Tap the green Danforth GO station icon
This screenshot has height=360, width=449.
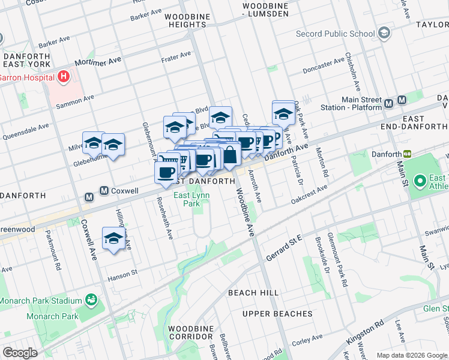click(x=408, y=154)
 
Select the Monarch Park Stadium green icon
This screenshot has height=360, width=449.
click(x=91, y=299)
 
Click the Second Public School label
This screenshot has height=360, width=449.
click(x=335, y=34)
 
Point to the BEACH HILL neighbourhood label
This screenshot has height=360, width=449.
click(x=253, y=292)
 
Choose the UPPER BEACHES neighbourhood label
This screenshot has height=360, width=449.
click(x=277, y=314)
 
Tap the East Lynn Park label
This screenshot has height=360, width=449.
click(x=190, y=199)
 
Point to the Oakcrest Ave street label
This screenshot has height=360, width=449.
click(x=309, y=194)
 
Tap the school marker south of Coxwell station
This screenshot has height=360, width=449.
click(x=113, y=238)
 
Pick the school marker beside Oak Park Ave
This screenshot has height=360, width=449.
click(x=284, y=112)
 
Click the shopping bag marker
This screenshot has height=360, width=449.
click(x=230, y=154)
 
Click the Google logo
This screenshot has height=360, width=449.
click(x=20, y=352)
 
